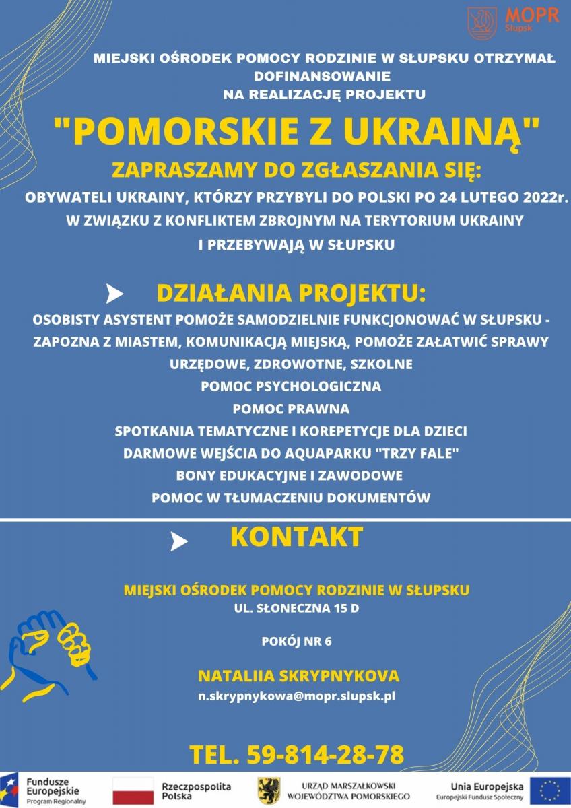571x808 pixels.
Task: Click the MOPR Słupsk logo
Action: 512,21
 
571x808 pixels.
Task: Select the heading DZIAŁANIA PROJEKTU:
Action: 291,294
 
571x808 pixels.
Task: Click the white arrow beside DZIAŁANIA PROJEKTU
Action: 115,294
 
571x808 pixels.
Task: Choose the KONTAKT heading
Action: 296,537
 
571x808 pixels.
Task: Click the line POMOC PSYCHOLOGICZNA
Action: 291,386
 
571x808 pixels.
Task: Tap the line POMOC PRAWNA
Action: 291,409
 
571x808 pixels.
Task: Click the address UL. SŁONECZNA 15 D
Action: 296,611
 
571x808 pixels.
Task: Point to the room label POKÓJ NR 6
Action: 296,642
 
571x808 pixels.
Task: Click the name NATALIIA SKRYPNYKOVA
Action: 298,676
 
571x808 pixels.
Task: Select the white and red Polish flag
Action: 133,790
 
